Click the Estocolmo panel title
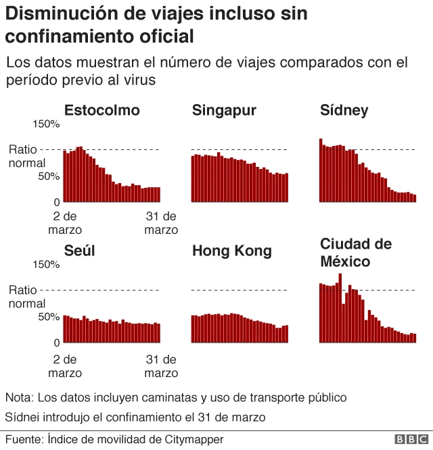[x=101, y=111]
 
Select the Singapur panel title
[x=224, y=111]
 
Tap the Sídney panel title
[x=344, y=111]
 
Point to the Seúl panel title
[x=79, y=251]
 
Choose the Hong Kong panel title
[x=231, y=251]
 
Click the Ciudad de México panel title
[x=355, y=252]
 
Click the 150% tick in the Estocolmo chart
[x=47, y=124]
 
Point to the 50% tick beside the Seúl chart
[x=49, y=316]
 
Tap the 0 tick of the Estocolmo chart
[x=57, y=202]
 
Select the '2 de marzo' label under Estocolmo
[x=65, y=223]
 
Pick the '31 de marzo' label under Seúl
[x=162, y=366]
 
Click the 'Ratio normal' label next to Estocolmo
[x=27, y=156]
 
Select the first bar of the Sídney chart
[x=321, y=170]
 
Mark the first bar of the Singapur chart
[x=193, y=179]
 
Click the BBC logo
[x=407, y=440]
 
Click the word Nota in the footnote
[x=18, y=397]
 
